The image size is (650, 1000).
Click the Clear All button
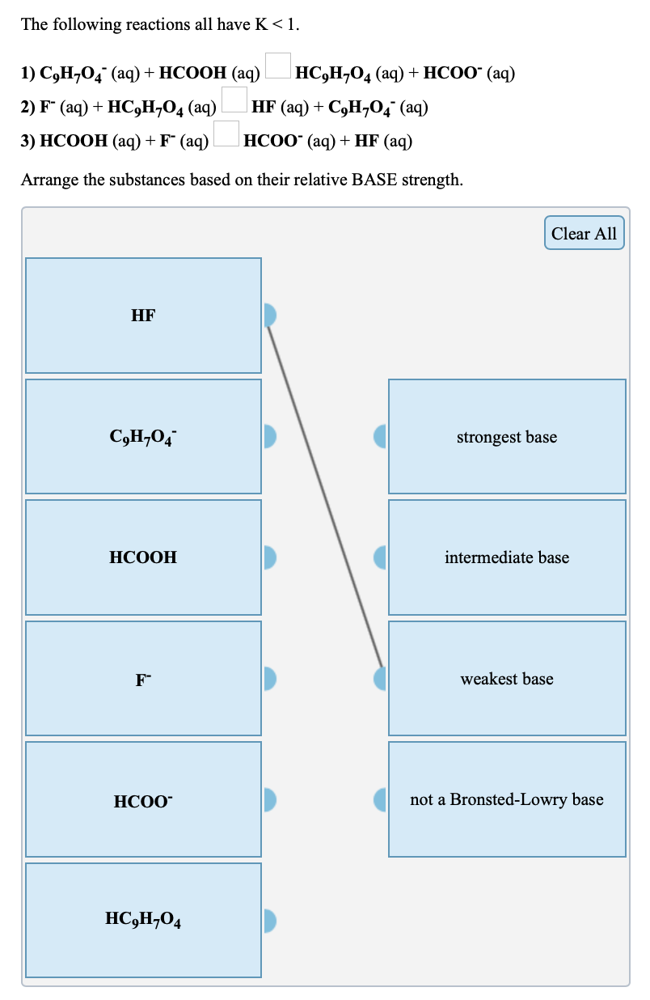pos(584,233)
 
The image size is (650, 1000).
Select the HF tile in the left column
pos(143,316)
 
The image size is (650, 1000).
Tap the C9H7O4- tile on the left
pos(143,437)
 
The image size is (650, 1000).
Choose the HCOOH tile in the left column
pos(143,557)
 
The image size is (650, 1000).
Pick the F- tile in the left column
pos(143,679)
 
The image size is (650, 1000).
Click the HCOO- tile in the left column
pos(143,800)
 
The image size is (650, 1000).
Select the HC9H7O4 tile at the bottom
pos(143,920)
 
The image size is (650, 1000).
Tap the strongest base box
pos(507,437)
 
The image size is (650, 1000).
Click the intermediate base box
pos(507,557)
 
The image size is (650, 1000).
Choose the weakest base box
pos(507,679)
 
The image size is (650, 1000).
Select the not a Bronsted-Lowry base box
pos(507,799)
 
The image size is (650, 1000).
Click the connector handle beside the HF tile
pos(271,315)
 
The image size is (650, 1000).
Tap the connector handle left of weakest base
pos(380,678)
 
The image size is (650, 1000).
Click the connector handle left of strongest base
pos(380,437)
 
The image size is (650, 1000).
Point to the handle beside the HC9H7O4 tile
pos(271,920)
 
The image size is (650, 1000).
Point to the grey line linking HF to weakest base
pos(325,497)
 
